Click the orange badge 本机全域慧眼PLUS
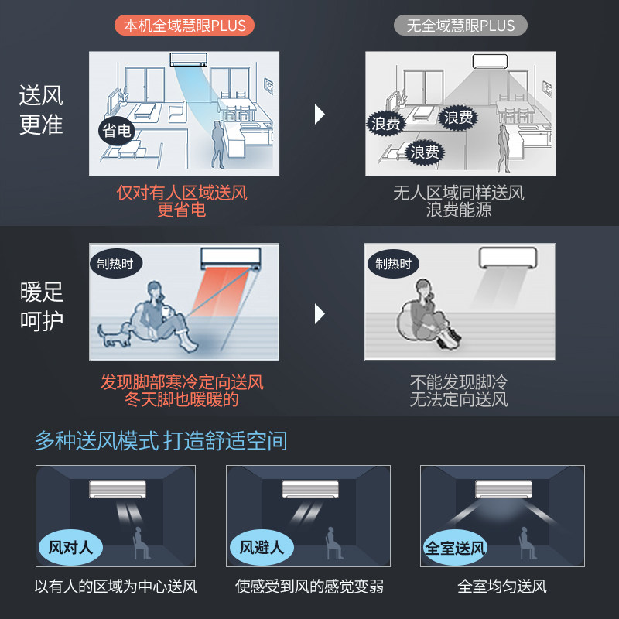tap(185, 25)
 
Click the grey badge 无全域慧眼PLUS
tap(460, 25)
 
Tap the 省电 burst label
tap(117, 131)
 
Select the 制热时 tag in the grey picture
tap(392, 263)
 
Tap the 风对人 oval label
tap(70, 548)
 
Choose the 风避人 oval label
tap(261, 548)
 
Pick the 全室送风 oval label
tap(455, 548)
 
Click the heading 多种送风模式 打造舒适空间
tap(161, 441)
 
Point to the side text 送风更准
tap(41, 111)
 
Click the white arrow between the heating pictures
tap(320, 313)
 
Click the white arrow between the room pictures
tap(320, 115)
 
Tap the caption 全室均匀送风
tap(502, 586)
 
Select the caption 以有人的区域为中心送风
tap(116, 586)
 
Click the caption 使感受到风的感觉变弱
tap(309, 586)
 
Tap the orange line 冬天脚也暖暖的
tap(182, 400)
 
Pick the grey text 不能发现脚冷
tap(459, 382)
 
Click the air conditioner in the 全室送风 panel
tap(503, 489)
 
